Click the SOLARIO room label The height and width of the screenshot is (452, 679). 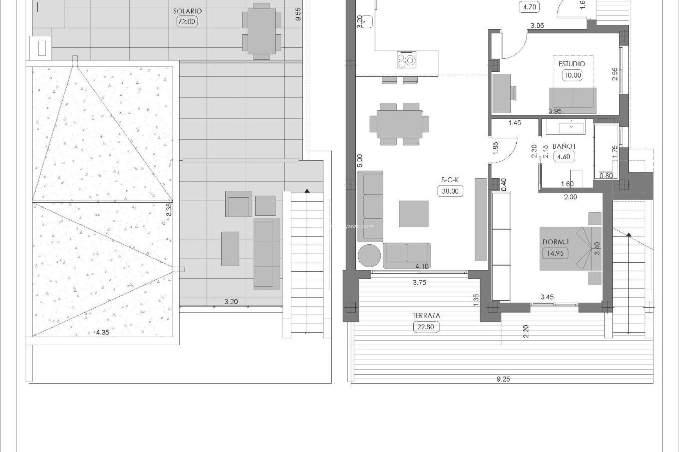tap(187, 11)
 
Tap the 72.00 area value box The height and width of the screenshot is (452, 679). tap(187, 22)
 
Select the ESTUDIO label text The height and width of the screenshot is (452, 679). tap(571, 64)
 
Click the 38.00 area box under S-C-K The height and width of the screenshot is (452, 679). tap(450, 191)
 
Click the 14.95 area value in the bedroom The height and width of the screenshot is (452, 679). tap(555, 253)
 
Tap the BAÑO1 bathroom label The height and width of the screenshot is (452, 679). tap(564, 146)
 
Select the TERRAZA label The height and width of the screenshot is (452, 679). tap(426, 316)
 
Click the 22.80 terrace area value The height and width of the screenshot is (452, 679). tap(426, 327)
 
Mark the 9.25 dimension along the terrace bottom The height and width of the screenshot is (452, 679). tap(503, 379)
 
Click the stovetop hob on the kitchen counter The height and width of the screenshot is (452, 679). tap(407, 59)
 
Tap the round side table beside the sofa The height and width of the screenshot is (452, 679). tap(369, 256)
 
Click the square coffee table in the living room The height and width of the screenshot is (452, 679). tap(414, 214)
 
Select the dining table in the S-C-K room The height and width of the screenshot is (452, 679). tap(399, 124)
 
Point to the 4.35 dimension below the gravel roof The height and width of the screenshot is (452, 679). tap(103, 332)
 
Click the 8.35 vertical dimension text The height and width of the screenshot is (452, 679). tap(169, 209)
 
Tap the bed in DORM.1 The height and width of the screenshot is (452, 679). tap(570, 248)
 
